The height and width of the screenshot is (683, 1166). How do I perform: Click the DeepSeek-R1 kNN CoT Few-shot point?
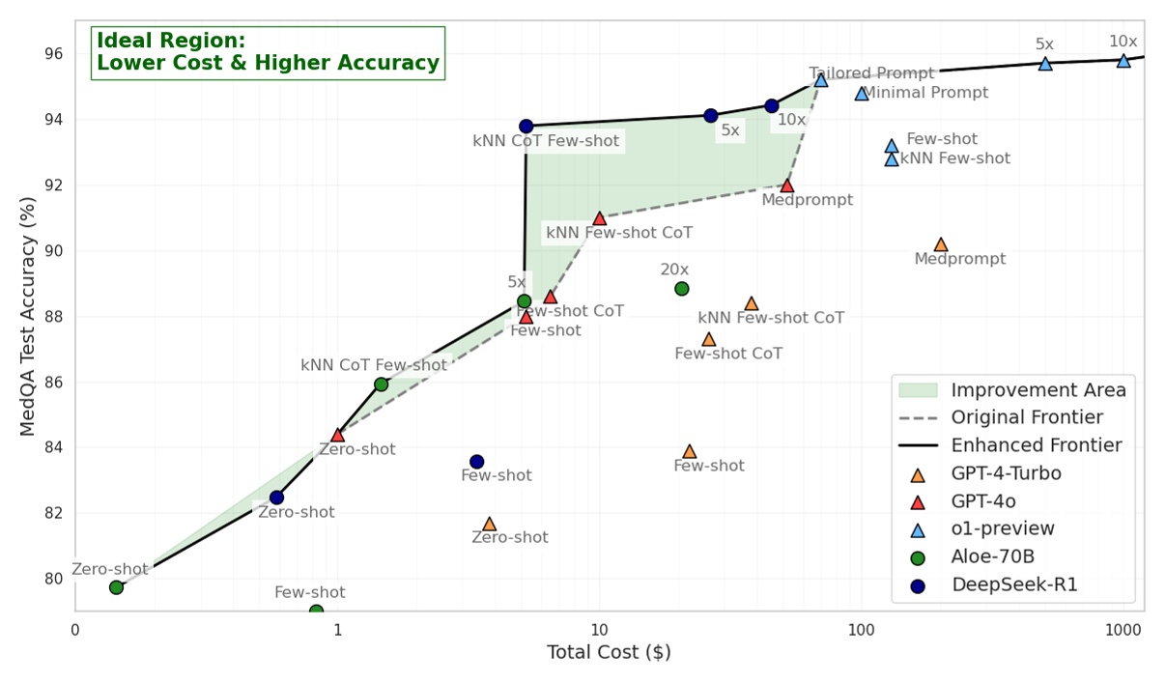[526, 126]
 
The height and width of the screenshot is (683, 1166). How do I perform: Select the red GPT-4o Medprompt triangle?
[787, 185]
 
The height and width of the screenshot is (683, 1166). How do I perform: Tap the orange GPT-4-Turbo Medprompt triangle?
[941, 244]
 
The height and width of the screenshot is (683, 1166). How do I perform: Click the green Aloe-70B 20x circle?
[682, 288]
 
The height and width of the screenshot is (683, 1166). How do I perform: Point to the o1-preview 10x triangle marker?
[1123, 60]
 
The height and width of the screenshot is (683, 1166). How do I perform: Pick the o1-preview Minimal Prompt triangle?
[862, 94]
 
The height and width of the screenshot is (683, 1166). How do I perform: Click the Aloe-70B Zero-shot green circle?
[116, 586]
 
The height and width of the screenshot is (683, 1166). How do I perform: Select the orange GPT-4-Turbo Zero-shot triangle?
[489, 524]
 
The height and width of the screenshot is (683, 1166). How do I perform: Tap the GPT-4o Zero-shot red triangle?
[337, 435]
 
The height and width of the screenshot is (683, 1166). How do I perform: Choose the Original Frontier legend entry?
[1026, 418]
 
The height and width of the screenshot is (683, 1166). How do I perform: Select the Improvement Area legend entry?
[1038, 390]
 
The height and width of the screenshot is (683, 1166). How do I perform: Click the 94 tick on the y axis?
[56, 120]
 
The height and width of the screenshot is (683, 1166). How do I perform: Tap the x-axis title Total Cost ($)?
[609, 653]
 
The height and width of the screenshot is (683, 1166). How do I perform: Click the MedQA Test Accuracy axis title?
[28, 315]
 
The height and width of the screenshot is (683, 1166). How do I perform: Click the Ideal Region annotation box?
[268, 52]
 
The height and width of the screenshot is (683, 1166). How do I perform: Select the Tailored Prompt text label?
[871, 73]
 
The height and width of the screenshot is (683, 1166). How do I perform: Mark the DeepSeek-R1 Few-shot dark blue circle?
[476, 462]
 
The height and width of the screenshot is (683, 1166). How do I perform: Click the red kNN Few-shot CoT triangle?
[599, 218]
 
